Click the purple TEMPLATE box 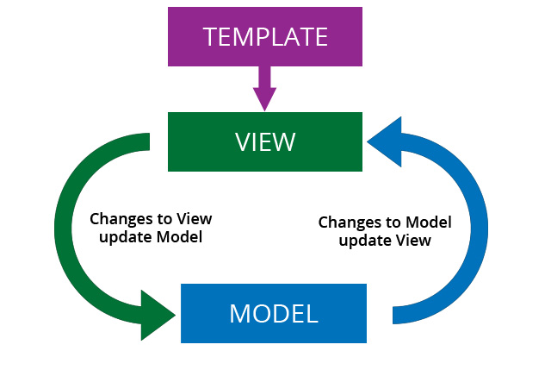pyautogui.click(x=265, y=37)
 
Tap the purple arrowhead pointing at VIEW pyautogui.click(x=265, y=97)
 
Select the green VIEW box pyautogui.click(x=265, y=141)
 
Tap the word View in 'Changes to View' pyautogui.click(x=195, y=218)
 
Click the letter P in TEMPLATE pyautogui.click(x=263, y=37)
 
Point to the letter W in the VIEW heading pyautogui.click(x=284, y=141)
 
